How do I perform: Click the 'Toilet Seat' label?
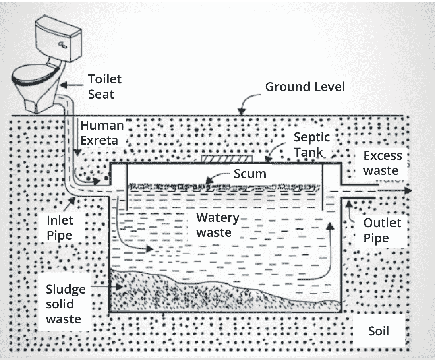coord(104,87)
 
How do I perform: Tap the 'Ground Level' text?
coord(305,87)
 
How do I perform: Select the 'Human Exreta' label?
coord(101,132)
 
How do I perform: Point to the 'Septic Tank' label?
coord(311,145)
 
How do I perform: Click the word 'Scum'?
coord(250,174)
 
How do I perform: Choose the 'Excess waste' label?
coord(382,163)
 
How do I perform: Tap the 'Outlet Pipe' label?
coord(382,230)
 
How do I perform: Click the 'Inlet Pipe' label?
coord(60,228)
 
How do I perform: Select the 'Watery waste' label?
coord(217,225)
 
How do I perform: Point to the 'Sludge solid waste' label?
coord(65,304)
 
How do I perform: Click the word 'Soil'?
coord(379,331)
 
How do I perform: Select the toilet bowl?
coord(34,81)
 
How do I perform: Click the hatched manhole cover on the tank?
coord(227,158)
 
